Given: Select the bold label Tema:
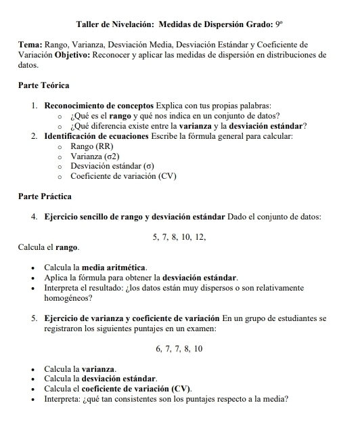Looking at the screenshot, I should pos(30,45).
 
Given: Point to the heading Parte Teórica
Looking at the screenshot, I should pos(44,86).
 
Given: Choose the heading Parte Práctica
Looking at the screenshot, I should pos(45,196).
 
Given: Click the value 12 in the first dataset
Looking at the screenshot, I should pos(200,237).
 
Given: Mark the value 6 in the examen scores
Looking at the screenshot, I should pos(158,348).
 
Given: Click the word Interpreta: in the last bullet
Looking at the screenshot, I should pos(66,398).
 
